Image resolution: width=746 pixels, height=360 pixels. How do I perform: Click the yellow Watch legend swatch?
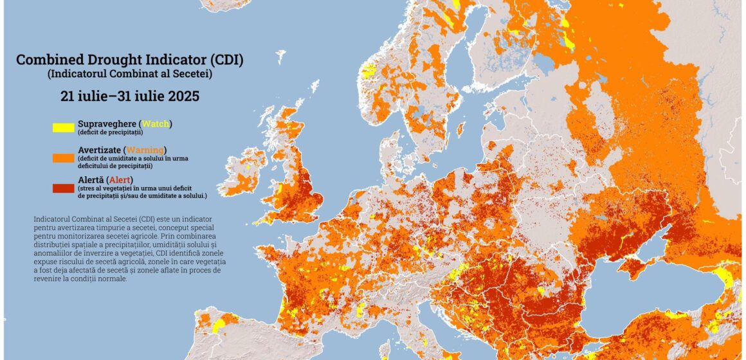click(x=64, y=127)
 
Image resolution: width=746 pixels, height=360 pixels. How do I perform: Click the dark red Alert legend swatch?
click(x=64, y=187)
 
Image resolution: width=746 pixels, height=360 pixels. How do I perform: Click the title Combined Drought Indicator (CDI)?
click(x=130, y=60)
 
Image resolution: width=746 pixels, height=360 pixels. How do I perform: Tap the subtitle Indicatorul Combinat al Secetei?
click(x=130, y=74)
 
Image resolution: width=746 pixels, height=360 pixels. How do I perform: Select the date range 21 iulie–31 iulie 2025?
click(x=130, y=96)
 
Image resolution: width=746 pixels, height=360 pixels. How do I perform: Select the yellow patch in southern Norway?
click(x=368, y=71)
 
